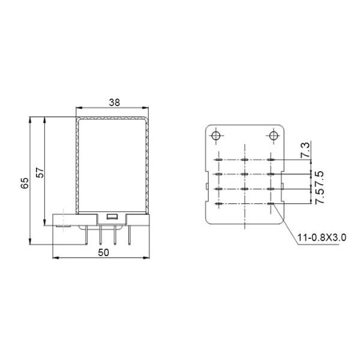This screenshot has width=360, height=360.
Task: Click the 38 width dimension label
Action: [x=112, y=103]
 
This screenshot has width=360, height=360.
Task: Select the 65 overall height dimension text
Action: [x=25, y=182]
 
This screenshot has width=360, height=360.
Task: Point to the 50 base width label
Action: [x=103, y=253]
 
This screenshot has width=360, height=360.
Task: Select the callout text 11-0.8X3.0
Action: [x=322, y=239]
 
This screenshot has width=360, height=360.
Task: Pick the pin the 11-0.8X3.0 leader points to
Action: [x=272, y=205]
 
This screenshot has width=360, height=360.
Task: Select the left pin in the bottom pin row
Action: [x=218, y=205]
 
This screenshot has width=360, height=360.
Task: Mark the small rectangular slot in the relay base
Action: [x=111, y=217]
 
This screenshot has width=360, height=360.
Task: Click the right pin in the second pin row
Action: [x=272, y=175]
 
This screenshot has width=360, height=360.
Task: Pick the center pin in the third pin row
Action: [x=245, y=190]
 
